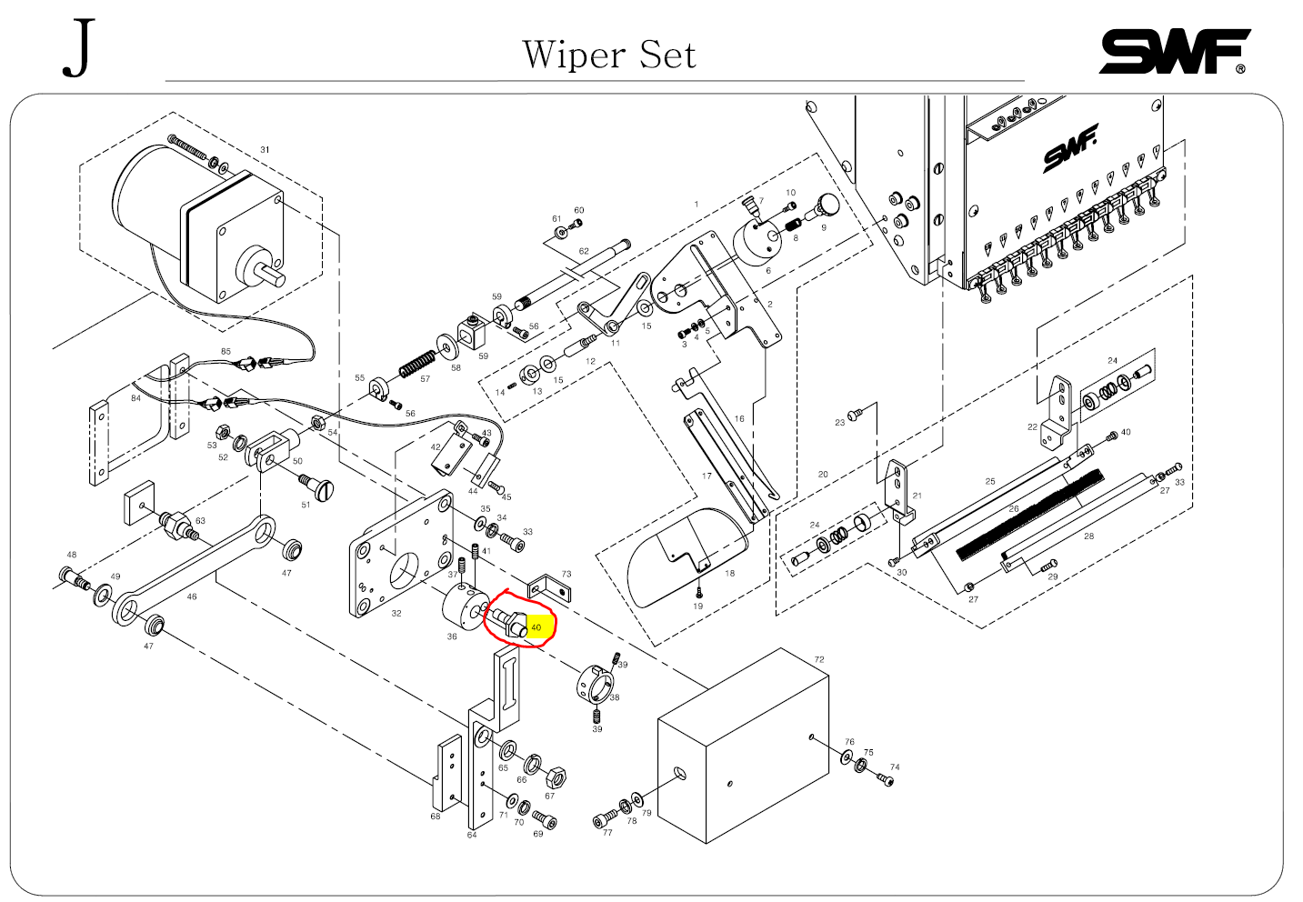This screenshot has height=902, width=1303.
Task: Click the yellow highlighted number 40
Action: point(536,627)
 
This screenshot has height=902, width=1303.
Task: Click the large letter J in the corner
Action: point(79,50)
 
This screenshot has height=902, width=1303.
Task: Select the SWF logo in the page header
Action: point(1174,52)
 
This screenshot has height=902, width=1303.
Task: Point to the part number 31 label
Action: point(265,150)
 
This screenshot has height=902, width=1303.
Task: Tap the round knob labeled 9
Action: point(827,203)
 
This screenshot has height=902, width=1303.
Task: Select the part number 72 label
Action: point(819,660)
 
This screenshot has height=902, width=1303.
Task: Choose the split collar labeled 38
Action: point(593,684)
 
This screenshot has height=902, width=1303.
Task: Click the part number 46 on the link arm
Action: point(191,597)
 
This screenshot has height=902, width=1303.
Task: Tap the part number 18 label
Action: point(730,574)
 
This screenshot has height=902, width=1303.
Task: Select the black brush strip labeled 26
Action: point(1027,513)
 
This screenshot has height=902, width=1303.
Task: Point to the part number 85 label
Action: point(226,351)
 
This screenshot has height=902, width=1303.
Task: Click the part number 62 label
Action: point(584,252)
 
